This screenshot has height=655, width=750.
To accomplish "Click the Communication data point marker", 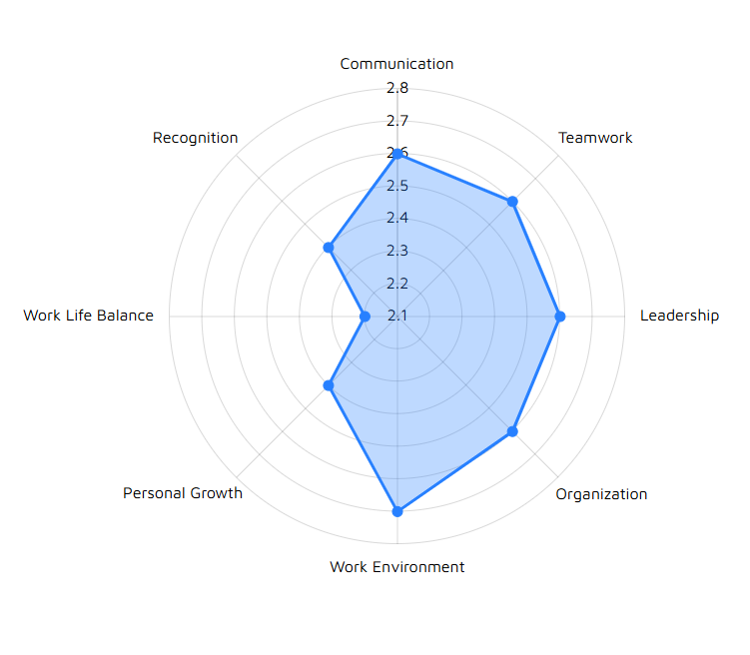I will click(x=397, y=154).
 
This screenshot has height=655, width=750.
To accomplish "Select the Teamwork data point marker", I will click(x=512, y=202).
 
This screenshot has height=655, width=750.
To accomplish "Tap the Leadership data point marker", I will click(x=560, y=317).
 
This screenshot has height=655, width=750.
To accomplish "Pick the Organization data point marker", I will click(x=512, y=431).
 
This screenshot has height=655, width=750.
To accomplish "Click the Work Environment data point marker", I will click(x=397, y=511).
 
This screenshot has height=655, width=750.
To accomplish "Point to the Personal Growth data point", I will click(x=329, y=385).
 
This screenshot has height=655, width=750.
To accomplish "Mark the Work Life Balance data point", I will click(x=365, y=317).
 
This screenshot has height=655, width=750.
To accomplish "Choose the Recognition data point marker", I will click(x=329, y=248).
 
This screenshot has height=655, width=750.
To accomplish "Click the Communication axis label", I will click(x=396, y=64).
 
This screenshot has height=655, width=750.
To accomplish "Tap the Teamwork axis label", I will click(x=595, y=138).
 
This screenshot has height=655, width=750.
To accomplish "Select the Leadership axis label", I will click(x=679, y=317).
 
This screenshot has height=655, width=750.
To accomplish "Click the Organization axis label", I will click(x=601, y=494).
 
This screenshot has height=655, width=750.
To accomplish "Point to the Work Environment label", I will click(x=397, y=567).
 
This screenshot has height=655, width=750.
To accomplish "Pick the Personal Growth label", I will click(x=183, y=493).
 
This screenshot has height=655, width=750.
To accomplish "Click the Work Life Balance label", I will click(x=89, y=316).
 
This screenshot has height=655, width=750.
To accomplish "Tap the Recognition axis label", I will click(x=196, y=138).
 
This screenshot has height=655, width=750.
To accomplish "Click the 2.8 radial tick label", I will click(x=397, y=89).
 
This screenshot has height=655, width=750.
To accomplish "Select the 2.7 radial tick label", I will click(x=397, y=121).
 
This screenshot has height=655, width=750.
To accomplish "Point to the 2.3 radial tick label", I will click(x=397, y=251).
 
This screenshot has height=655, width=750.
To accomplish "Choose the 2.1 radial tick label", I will click(x=397, y=317).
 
